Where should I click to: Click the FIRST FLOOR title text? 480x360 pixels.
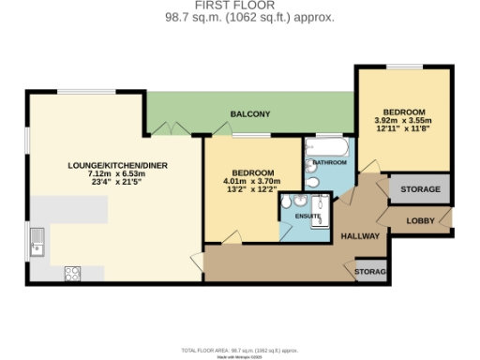pyautogui.click(x=239, y=6)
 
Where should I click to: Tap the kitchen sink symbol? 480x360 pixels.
pyautogui.click(x=38, y=242)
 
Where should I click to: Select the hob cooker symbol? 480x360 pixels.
pyautogui.click(x=71, y=273)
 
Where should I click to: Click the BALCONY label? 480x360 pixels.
pyautogui.click(x=250, y=114)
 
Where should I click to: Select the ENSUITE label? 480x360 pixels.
pyautogui.click(x=308, y=217)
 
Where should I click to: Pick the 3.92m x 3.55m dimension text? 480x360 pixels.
pyautogui.click(x=402, y=120)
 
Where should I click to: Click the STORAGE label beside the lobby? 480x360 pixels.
pyautogui.click(x=419, y=189)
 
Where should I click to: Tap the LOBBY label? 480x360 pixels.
pyautogui.click(x=419, y=221)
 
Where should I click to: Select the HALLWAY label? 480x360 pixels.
pyautogui.click(x=359, y=235)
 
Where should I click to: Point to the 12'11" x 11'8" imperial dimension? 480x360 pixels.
pyautogui.click(x=402, y=129)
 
